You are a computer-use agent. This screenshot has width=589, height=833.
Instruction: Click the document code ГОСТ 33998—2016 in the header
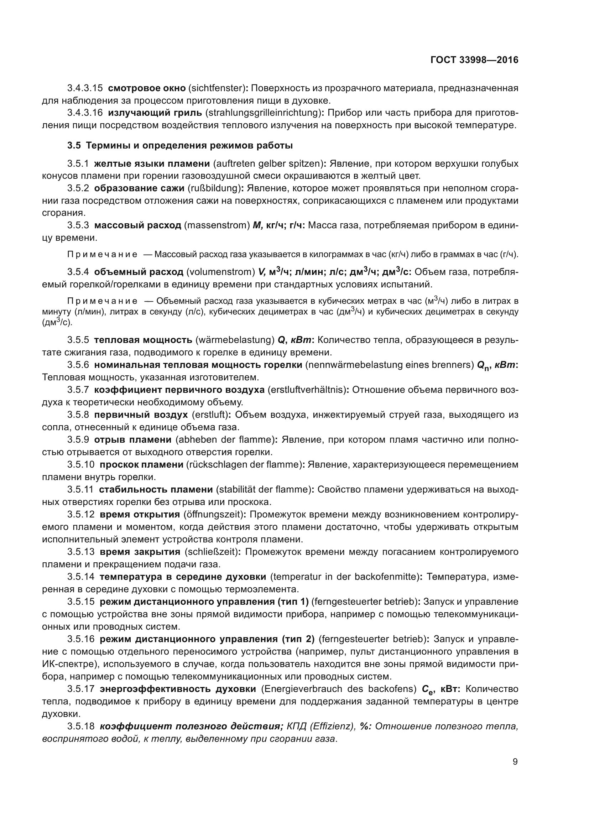(x=474, y=60)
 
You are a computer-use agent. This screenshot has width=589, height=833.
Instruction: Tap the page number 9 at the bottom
(x=515, y=761)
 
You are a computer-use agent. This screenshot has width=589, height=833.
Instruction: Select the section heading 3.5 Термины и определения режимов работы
(x=180, y=146)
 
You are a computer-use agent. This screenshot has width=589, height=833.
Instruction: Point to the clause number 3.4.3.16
(x=85, y=113)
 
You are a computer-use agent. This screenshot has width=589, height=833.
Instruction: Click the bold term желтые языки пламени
(x=152, y=163)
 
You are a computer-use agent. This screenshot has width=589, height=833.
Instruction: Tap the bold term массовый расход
(x=137, y=225)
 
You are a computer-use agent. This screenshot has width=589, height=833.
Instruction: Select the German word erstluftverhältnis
(x=306, y=390)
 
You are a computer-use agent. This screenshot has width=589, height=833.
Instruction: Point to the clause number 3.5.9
(x=78, y=440)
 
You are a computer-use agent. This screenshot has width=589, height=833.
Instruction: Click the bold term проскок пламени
(x=141, y=464)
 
